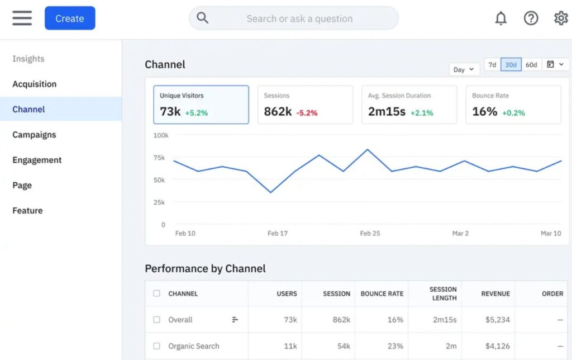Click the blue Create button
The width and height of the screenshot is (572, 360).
pyautogui.click(x=70, y=18)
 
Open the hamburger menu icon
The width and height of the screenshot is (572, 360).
pyautogui.click(x=22, y=18)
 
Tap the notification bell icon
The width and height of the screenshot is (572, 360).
pyautogui.click(x=501, y=18)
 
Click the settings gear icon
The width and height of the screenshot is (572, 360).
pyautogui.click(x=560, y=18)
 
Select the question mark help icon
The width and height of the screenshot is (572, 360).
pyautogui.click(x=531, y=18)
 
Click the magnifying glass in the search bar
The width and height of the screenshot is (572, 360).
pyautogui.click(x=203, y=18)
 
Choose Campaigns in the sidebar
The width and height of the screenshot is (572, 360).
pyautogui.click(x=34, y=135)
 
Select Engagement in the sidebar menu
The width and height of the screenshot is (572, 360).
pyautogui.click(x=37, y=160)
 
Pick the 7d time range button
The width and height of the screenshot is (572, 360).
pyautogui.click(x=492, y=65)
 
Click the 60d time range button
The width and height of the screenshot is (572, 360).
pyautogui.click(x=531, y=65)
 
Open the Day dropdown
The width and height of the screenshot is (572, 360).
pyautogui.click(x=464, y=69)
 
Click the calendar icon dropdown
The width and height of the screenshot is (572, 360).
pyautogui.click(x=555, y=65)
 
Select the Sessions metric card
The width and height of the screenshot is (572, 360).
pyautogui.click(x=305, y=105)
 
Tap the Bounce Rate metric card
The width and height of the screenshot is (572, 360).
pyautogui.click(x=513, y=105)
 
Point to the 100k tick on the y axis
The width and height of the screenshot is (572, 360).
pyautogui.click(x=161, y=135)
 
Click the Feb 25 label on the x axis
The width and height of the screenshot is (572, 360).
pyautogui.click(x=370, y=233)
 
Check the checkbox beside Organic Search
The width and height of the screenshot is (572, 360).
pyautogui.click(x=156, y=346)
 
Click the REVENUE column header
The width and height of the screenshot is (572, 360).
pyautogui.click(x=495, y=293)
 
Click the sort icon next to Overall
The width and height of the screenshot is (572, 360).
pyautogui.click(x=235, y=320)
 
